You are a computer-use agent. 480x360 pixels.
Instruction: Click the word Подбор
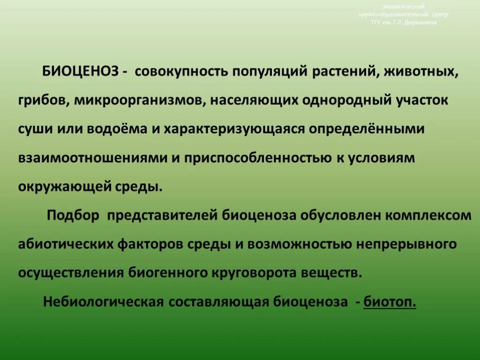[73, 215]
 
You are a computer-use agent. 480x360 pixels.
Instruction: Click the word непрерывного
[407, 244]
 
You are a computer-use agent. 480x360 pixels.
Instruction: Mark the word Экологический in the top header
[403, 7]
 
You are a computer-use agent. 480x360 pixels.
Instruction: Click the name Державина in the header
[420, 22]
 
